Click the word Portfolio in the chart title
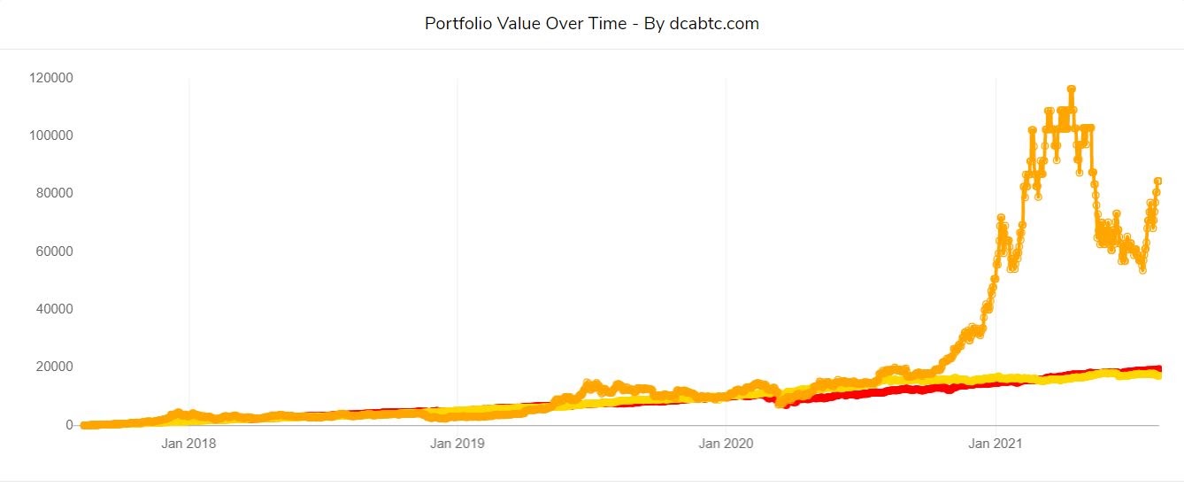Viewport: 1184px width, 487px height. [x=457, y=24]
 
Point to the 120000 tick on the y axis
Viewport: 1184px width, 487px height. [x=51, y=78]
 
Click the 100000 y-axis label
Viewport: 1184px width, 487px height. [x=51, y=135]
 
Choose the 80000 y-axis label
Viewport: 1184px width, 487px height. [x=55, y=193]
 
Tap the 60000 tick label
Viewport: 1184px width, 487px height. [x=55, y=251]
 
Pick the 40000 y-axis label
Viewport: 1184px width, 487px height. [x=55, y=309]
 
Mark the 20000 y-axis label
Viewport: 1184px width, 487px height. [x=55, y=367]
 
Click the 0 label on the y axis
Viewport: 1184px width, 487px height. [x=69, y=425]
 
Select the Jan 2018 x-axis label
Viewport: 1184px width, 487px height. [x=188, y=444]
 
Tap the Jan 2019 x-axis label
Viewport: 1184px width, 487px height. [x=457, y=444]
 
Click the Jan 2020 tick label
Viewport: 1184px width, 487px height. [x=727, y=444]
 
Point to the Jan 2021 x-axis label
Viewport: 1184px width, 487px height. [x=996, y=444]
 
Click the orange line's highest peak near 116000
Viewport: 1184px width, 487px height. [x=1072, y=89]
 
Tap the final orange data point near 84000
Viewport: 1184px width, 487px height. [x=1157, y=182]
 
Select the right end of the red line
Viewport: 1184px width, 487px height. [x=1158, y=368]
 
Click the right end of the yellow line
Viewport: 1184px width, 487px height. [x=1158, y=376]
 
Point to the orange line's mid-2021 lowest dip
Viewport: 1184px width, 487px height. [x=1142, y=269]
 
